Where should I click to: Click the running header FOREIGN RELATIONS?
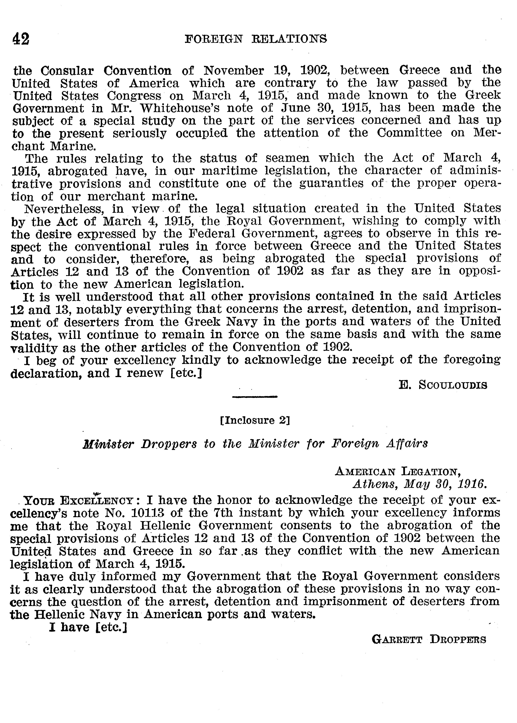click(256, 39)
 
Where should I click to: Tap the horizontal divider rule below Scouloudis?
click(255, 397)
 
